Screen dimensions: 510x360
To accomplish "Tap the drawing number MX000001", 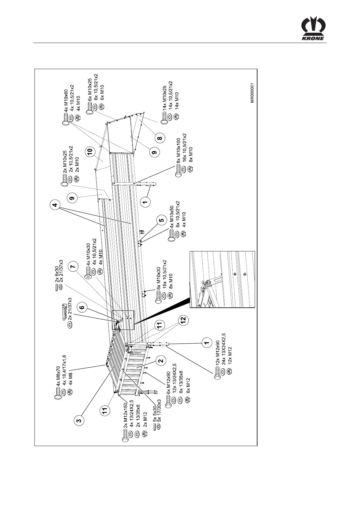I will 252,93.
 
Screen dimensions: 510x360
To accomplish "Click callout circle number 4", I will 55,206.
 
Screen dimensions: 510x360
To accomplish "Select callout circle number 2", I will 161,360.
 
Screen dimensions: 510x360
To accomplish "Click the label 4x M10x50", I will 171,217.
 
